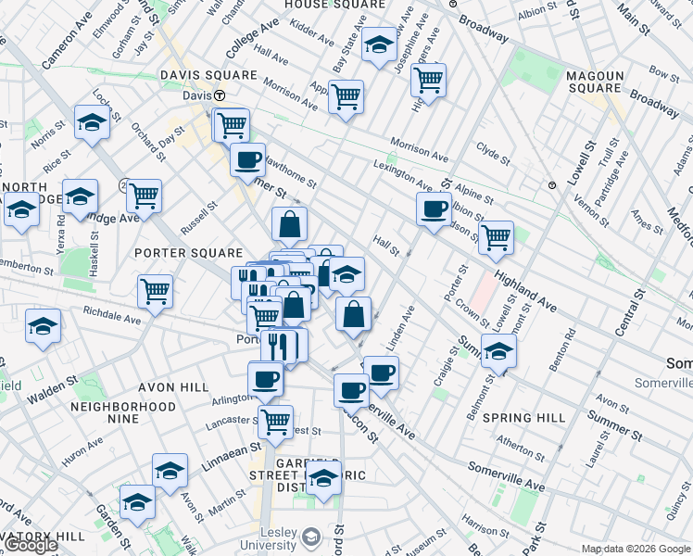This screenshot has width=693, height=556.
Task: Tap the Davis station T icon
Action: pos(220,95)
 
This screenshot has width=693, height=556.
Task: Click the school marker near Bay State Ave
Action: pos(378,45)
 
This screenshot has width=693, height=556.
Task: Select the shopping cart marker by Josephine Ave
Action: pos(428,81)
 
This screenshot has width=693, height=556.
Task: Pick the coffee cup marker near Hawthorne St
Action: pos(247,159)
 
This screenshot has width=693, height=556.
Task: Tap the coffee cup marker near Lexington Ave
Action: pos(434,209)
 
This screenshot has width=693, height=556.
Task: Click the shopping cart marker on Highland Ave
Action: pos(497,236)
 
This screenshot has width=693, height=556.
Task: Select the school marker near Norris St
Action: pos(93,121)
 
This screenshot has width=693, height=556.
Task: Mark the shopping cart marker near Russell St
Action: pos(145,196)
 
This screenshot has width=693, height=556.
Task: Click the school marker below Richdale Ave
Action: pos(43,327)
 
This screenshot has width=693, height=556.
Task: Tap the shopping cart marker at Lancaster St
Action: pos(275,422)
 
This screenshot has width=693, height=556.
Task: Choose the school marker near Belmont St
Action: pos(498,351)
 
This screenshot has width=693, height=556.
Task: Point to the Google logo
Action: pos(30,545)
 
